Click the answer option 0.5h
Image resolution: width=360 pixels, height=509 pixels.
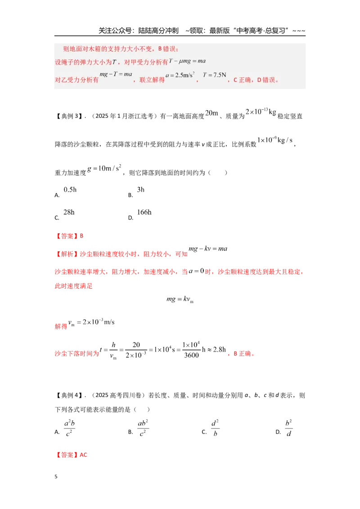point(70,190)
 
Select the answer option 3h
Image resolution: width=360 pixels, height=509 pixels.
point(141,190)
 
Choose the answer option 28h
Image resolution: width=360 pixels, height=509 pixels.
point(69,212)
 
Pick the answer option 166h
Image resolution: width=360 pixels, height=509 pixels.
point(144,212)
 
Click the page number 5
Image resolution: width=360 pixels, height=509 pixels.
point(56,477)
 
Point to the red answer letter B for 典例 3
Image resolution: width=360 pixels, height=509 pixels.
point(81,236)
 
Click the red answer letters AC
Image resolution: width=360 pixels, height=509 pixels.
point(84,455)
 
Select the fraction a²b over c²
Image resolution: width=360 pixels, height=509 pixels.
point(69,428)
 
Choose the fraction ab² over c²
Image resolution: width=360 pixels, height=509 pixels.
point(143,428)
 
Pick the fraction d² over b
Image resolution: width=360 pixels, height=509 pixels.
point(215,428)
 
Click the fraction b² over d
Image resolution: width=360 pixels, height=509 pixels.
point(288,428)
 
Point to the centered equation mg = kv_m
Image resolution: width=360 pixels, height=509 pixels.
point(180,299)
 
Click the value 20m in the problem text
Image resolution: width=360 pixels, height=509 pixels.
point(211,113)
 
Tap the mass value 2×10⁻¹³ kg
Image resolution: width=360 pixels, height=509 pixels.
point(261,112)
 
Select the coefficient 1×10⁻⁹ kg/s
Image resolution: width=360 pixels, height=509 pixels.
point(275,140)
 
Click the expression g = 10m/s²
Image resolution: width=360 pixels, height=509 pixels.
point(104,168)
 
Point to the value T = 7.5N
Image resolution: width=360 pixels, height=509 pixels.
point(215,75)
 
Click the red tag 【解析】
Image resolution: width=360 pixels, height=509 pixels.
point(67,254)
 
